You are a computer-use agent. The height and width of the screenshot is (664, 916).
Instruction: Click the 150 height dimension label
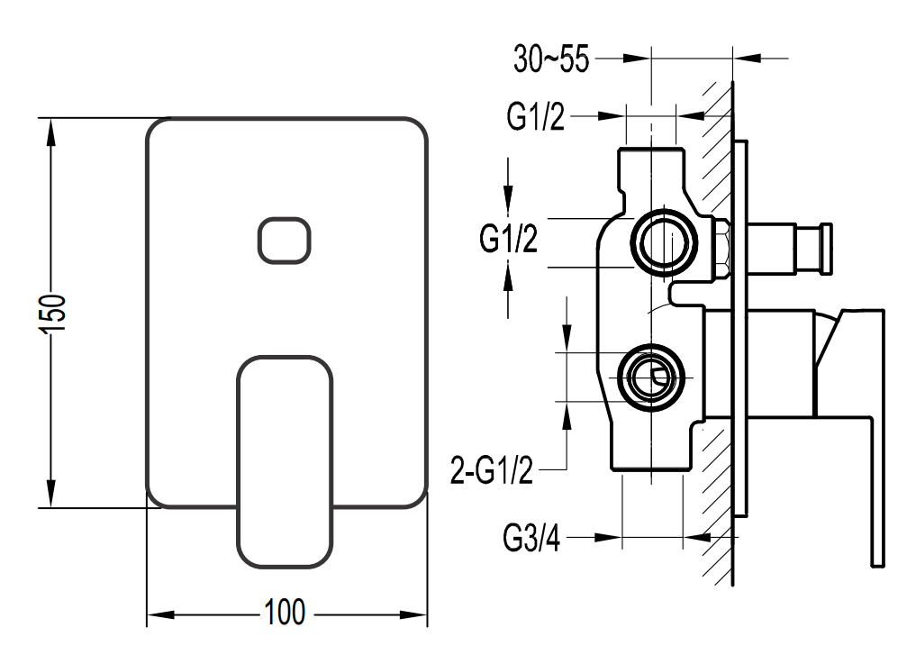pyautogui.click(x=54, y=314)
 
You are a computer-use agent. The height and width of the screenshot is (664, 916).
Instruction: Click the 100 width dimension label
pyautogui.click(x=285, y=614)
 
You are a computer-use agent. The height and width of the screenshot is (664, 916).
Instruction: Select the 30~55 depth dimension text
pyautogui.click(x=551, y=59)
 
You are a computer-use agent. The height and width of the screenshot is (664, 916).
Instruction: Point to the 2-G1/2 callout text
pyautogui.click(x=492, y=469)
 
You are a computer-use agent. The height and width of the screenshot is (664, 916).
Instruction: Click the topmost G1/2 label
pyautogui.click(x=536, y=117)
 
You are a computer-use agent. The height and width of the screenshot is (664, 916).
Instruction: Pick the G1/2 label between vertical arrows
pyautogui.click(x=509, y=240)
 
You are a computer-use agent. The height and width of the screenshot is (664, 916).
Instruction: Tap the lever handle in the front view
pyautogui.click(x=285, y=460)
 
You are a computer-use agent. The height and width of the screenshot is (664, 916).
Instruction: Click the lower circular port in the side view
pyautogui.click(x=651, y=374)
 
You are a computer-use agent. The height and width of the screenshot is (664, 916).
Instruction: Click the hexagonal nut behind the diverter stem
pyautogui.click(x=721, y=249)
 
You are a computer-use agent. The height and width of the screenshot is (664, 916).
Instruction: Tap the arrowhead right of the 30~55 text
pyautogui.click(x=636, y=59)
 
